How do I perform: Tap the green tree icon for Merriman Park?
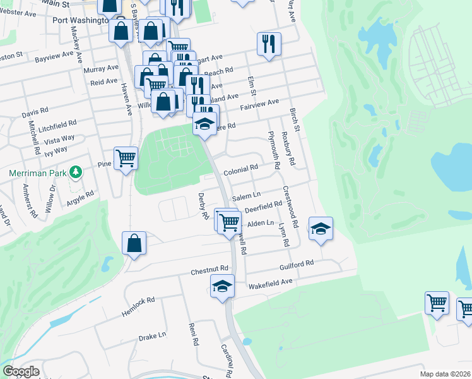(x=76, y=171)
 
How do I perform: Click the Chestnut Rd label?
(x=209, y=272)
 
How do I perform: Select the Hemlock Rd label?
(x=138, y=306)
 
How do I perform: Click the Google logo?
(x=21, y=371)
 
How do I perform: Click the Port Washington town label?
(x=80, y=20)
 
